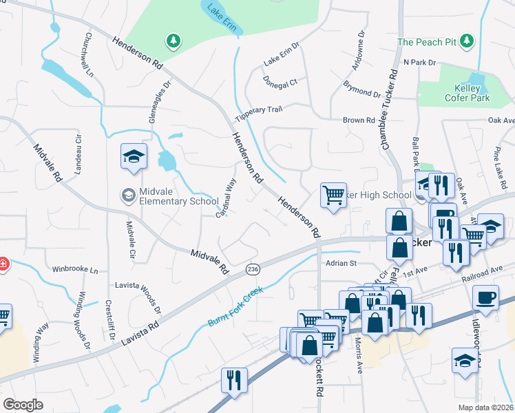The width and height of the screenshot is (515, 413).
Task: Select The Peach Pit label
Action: pos(427,42)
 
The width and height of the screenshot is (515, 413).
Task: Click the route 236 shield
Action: pos(253,271)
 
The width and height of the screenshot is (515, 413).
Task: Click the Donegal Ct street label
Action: pos(280,81)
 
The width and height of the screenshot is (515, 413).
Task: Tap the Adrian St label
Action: pos(342,263)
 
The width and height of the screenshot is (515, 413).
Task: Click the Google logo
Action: pos(23,405)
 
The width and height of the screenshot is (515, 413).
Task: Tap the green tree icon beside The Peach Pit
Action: pos(468,41)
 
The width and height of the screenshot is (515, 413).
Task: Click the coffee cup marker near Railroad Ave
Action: pos(486,297)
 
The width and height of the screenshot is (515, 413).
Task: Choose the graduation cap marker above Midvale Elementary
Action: pos(134,156)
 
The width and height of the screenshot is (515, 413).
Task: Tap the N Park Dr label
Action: pos(420,63)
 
